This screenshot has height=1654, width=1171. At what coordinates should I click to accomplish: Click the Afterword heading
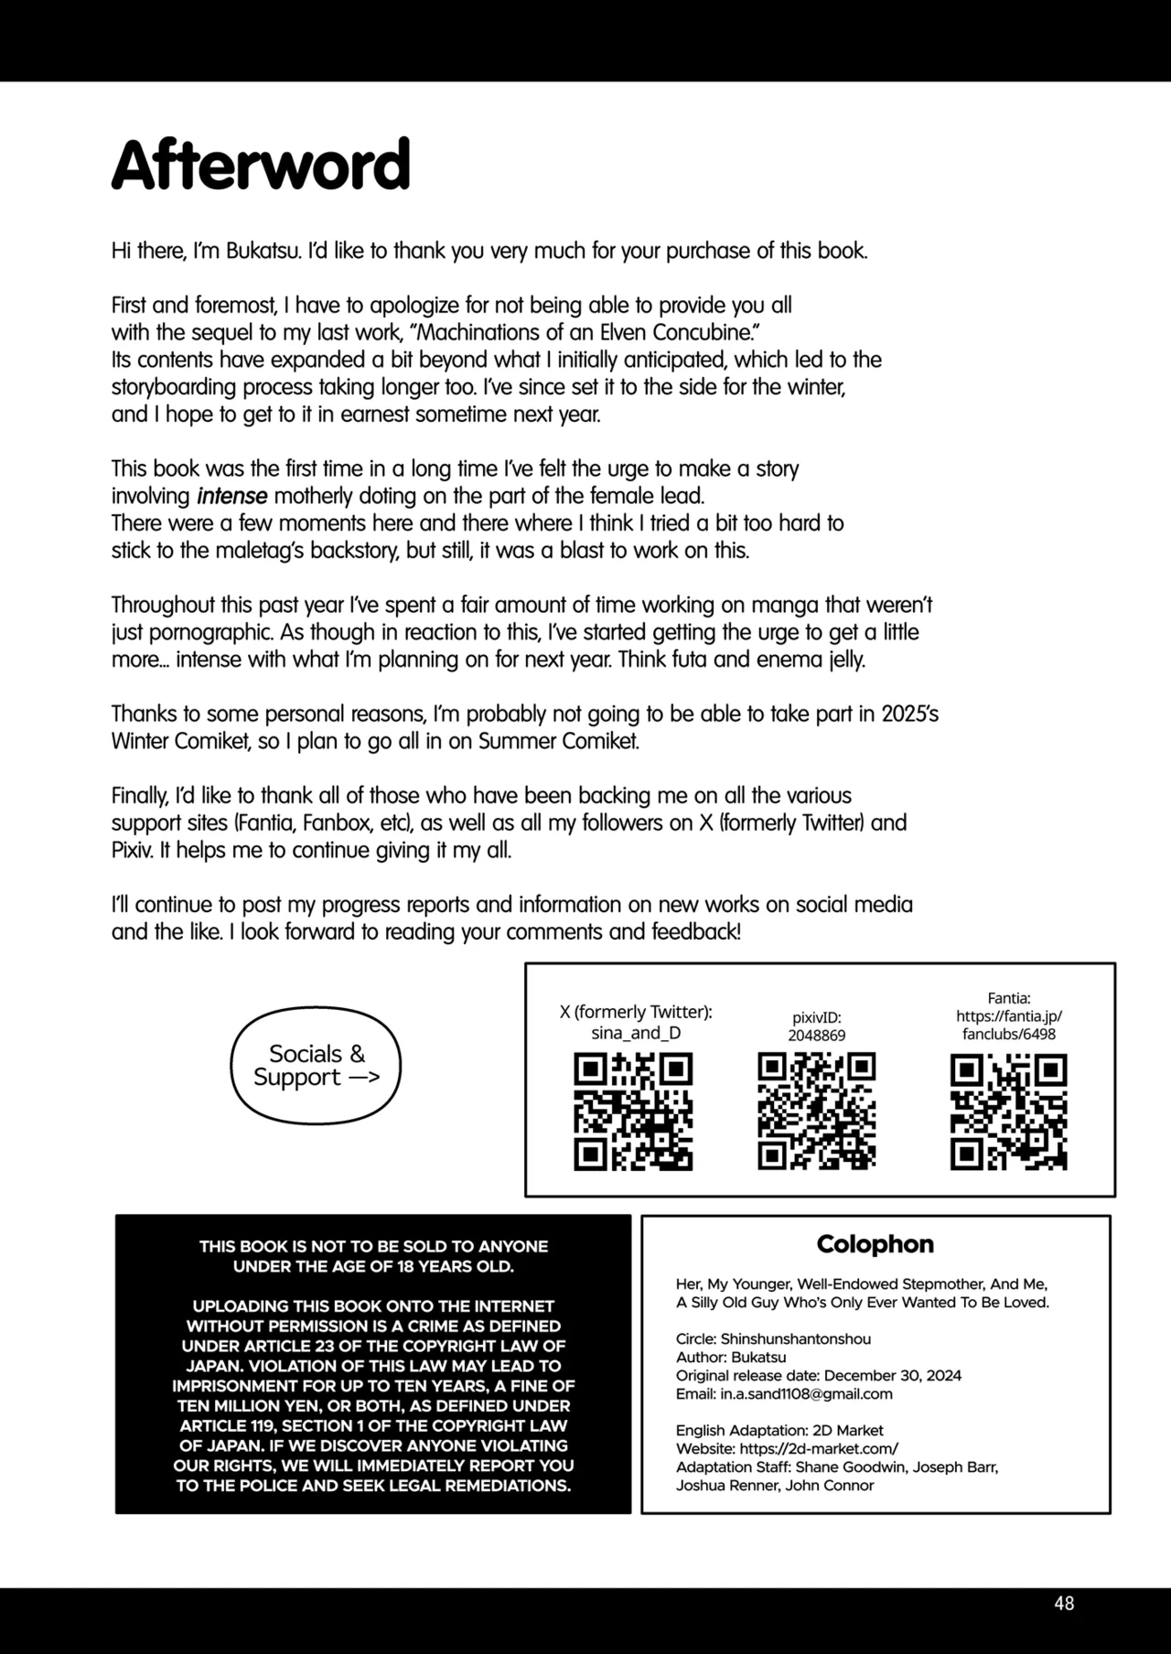(x=261, y=165)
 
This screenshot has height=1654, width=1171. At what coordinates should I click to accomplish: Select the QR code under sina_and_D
(x=633, y=1112)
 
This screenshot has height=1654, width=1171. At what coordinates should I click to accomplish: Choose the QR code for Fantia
(x=1009, y=1112)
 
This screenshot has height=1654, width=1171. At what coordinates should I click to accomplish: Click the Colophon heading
(x=876, y=1244)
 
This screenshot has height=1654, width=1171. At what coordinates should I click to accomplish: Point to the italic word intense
(x=231, y=496)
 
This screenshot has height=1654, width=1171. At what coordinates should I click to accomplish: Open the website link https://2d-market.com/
(x=819, y=1448)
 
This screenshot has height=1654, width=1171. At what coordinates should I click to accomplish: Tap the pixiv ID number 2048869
(x=817, y=1036)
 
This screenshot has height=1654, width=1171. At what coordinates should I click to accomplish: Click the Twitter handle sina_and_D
(x=636, y=1033)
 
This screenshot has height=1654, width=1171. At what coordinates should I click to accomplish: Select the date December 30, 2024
(x=893, y=1375)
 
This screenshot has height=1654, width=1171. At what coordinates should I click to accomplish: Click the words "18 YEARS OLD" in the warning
(x=448, y=1266)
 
